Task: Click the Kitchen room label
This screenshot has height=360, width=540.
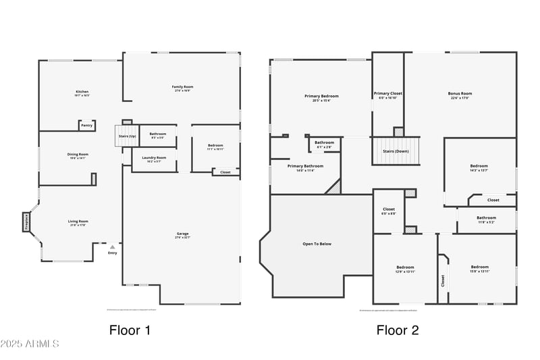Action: pyautogui.click(x=82, y=93)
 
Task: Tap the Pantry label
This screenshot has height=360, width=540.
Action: pyautogui.click(x=86, y=125)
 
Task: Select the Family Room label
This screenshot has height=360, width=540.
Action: pyautogui.click(x=182, y=88)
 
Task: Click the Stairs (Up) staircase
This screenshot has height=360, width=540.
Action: pyautogui.click(x=128, y=136)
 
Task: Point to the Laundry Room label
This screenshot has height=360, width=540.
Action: pyautogui.click(x=153, y=159)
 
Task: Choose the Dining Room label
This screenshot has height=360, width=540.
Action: pyautogui.click(x=78, y=155)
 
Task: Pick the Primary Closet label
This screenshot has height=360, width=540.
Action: pyautogui.click(x=388, y=95)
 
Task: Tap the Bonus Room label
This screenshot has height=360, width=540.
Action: pyautogui.click(x=460, y=95)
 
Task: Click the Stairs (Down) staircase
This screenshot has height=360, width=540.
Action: pyautogui.click(x=396, y=151)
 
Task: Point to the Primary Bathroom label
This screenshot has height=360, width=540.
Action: pyautogui.click(x=305, y=168)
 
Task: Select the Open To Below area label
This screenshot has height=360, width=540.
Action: pyautogui.click(x=317, y=244)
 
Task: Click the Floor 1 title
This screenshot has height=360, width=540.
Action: pyautogui.click(x=130, y=330)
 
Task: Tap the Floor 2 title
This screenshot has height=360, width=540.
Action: pyautogui.click(x=398, y=330)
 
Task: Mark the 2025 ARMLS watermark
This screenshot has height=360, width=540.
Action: pyautogui.click(x=30, y=344)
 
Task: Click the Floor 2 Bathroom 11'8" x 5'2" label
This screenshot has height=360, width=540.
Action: pyautogui.click(x=486, y=220)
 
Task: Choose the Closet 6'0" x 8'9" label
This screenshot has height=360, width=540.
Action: pyautogui.click(x=389, y=211)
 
